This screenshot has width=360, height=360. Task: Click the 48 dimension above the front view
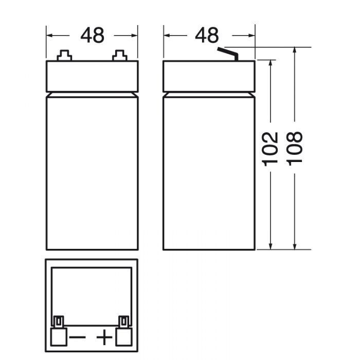tap(92, 35)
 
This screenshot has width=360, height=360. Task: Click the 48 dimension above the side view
tap(207, 35)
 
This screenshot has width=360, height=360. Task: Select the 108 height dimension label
tap(294, 148)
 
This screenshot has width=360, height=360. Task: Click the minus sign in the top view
tap(77, 337)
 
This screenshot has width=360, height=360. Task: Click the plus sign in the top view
tap(104, 337)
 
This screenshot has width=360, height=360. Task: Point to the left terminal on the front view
tap(64, 56)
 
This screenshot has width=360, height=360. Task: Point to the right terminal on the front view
tap(120, 56)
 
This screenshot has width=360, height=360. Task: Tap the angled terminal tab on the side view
tap(228, 54)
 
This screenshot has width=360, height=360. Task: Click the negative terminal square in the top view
tap(59, 336)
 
